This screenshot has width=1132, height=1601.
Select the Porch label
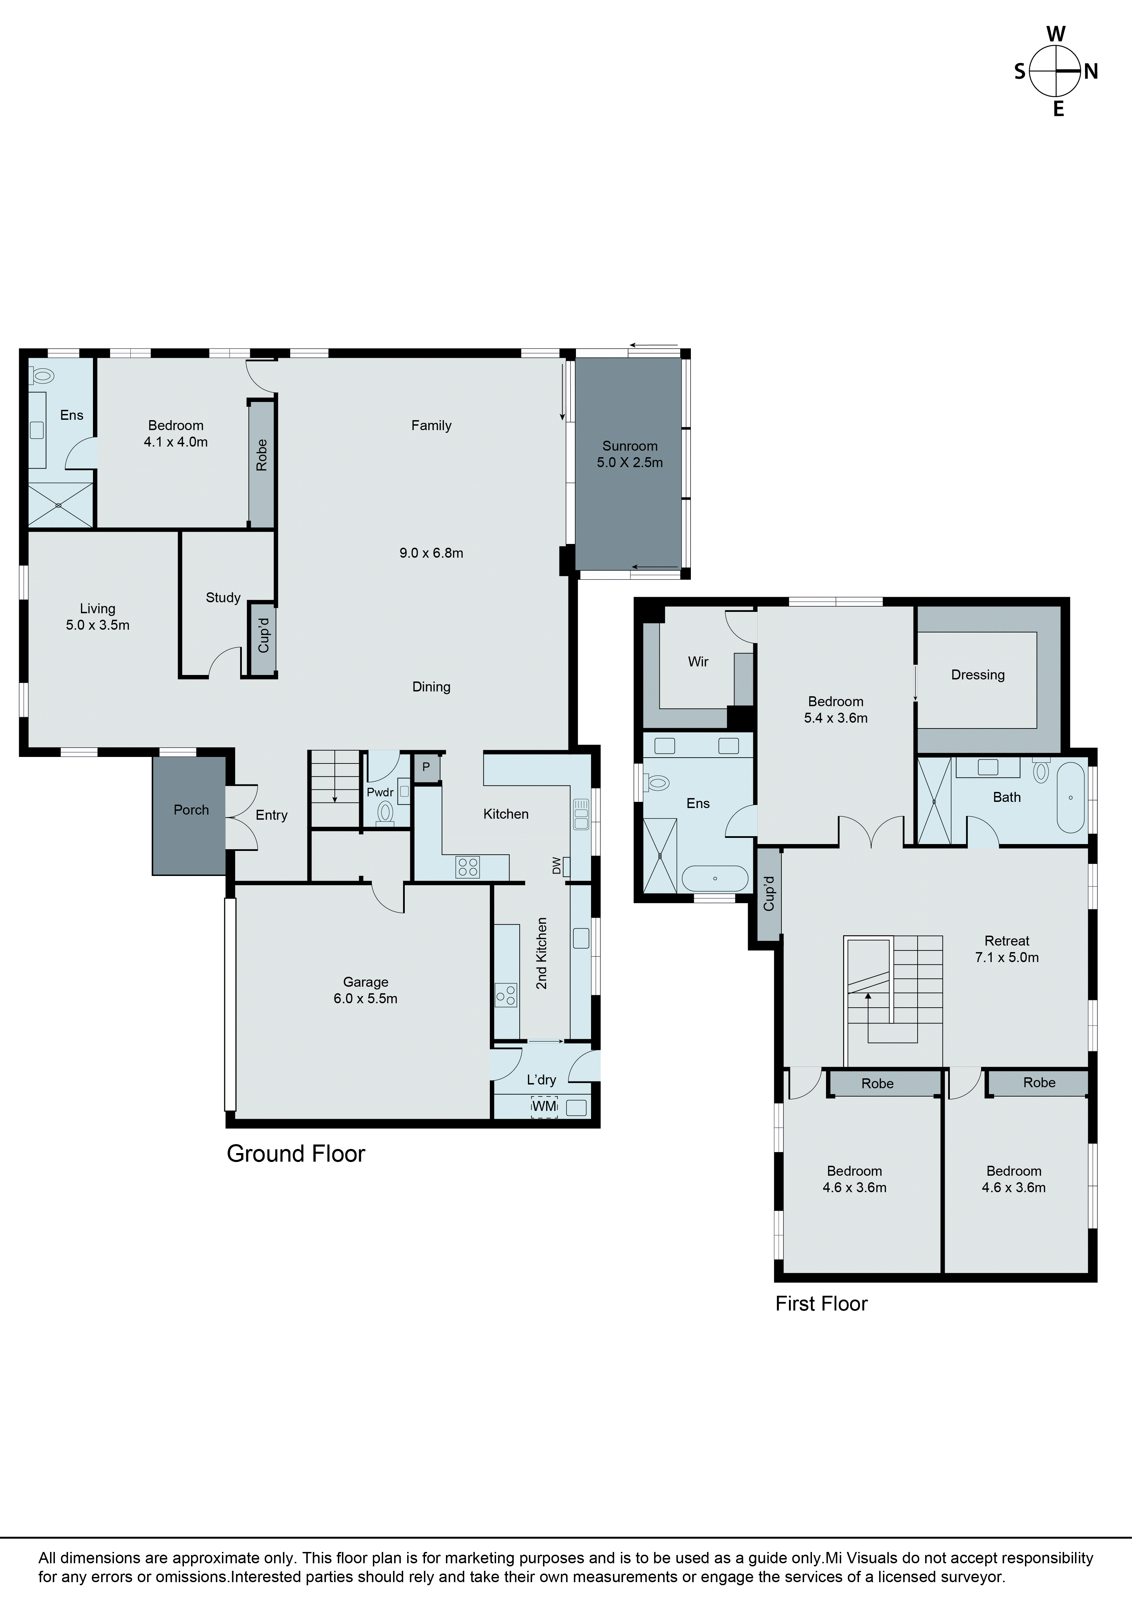[191, 809]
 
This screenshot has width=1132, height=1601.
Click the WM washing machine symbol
[545, 1106]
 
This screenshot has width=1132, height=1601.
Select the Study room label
[223, 597]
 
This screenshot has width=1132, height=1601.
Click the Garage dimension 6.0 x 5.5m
[365, 998]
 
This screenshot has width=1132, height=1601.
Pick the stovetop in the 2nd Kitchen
[506, 995]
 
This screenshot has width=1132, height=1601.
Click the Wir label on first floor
[698, 662]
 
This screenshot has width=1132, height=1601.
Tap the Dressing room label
[978, 675]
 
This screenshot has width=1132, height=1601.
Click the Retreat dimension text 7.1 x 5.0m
[1006, 957]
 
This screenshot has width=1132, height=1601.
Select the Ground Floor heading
[296, 1154]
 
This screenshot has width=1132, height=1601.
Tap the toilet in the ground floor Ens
[43, 377]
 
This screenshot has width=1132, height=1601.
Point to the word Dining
[431, 687]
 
